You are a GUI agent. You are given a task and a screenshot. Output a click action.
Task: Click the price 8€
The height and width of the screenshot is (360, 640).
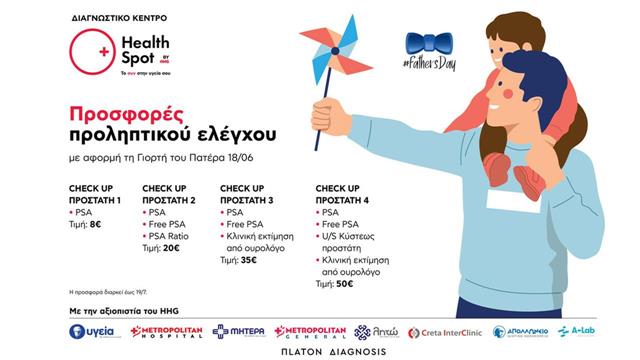pos(95,225)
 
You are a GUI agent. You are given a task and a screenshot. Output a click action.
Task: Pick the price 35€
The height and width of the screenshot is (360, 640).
pos(246,260)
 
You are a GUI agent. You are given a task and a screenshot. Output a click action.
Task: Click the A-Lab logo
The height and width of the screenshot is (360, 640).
pos(577,331)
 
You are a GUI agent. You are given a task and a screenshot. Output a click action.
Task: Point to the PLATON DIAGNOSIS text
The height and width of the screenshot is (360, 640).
pos(320,352)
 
